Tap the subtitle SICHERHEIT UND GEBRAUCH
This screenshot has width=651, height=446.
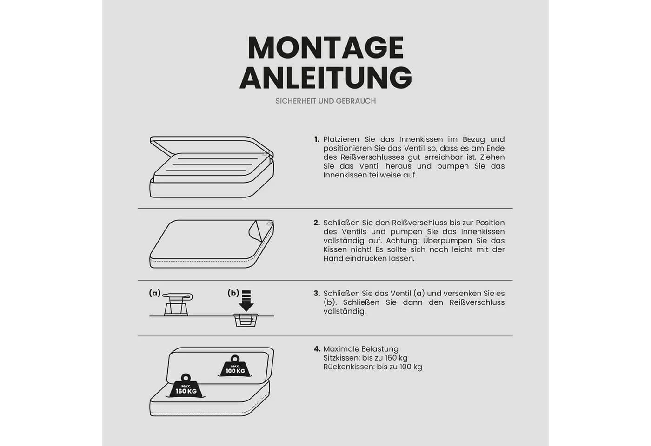click(325, 101)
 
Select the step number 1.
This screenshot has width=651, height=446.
click(317, 139)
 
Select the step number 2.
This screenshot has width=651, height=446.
click(317, 223)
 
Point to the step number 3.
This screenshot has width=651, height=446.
click(317, 294)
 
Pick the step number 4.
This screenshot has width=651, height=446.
click(317, 349)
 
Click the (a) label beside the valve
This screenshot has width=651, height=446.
click(154, 293)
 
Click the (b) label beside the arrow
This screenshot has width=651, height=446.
click(233, 293)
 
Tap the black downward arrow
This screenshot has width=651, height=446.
click(246, 301)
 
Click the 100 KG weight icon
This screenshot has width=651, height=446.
click(235, 366)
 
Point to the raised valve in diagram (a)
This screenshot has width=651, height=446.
click(177, 304)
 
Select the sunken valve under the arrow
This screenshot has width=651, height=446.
click(246, 320)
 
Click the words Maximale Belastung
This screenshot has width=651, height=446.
click(361, 349)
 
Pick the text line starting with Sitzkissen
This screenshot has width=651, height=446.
click(365, 358)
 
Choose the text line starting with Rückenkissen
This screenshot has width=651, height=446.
click(372, 367)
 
